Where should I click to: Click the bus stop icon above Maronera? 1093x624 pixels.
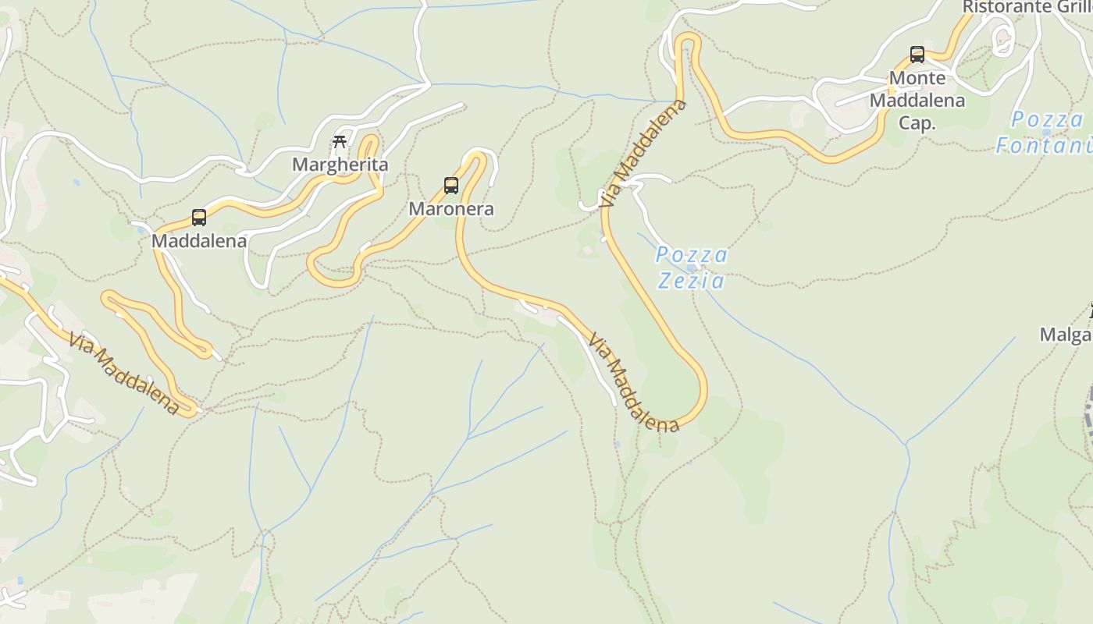pos(451,186)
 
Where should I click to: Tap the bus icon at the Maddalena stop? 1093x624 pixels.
pos(199,218)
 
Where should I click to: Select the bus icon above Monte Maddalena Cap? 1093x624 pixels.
pos(917,55)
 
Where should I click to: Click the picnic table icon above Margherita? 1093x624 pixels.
pos(340,142)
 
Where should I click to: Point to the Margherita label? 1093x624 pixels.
pos(340,165)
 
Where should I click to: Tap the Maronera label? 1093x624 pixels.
pos(451,209)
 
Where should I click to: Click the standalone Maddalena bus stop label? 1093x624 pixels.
pos(199,241)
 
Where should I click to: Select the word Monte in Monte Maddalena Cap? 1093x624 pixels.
pos(917,78)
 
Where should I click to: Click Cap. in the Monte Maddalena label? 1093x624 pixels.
pos(917,123)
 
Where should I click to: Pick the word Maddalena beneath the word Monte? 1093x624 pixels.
pos(917,101)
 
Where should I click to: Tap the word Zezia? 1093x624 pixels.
pos(691,281)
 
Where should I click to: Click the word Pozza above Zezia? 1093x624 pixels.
pos(692,256)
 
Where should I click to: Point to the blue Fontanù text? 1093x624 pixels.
pos(1045,145)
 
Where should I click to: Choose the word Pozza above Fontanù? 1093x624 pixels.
pos(1048,120)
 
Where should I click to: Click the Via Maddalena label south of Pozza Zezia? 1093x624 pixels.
pos(634,383)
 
